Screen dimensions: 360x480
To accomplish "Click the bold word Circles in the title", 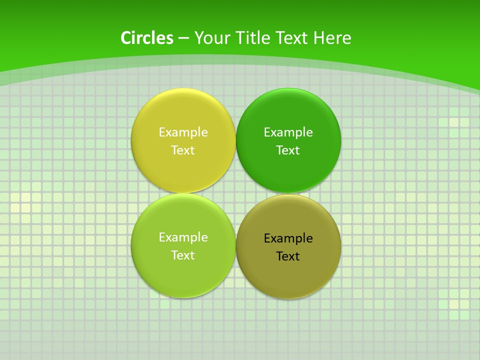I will point(146,38).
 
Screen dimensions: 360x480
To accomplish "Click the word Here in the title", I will point(332,38).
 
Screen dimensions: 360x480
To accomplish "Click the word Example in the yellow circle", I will point(183,132).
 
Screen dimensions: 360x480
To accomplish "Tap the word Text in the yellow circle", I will point(183,150).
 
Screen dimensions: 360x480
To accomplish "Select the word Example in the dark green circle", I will point(288,132).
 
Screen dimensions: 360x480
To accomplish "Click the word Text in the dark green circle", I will point(288,150).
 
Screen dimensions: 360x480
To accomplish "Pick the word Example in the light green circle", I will point(183,237).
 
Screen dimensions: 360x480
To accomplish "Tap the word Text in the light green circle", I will point(183,255).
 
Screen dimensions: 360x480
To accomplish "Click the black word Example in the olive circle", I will point(288,238).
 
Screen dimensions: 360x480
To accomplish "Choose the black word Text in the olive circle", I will point(288,256).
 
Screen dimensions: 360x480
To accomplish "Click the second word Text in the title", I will point(292,38).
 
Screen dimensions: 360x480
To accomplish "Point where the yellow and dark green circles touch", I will point(235,140).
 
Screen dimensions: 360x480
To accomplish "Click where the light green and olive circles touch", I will point(235,246).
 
